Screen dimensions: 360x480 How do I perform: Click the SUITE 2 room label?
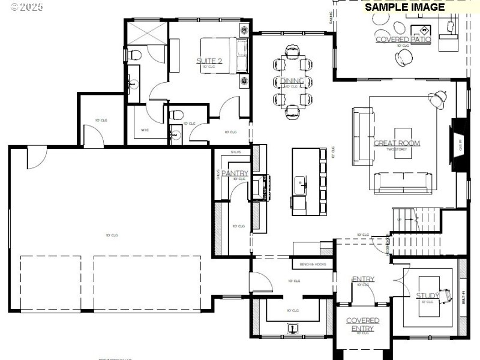[209, 61]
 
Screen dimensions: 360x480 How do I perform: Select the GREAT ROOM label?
[397, 143]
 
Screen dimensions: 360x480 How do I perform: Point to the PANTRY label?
[235, 173]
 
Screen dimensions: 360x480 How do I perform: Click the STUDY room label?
[428, 295]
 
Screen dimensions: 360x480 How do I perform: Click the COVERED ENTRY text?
[362, 325]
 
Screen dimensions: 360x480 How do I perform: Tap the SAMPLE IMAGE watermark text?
[405, 7]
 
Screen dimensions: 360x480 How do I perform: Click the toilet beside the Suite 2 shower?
[135, 56]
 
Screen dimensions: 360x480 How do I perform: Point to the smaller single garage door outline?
[50, 283]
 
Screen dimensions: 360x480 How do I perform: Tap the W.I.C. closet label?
[145, 130]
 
